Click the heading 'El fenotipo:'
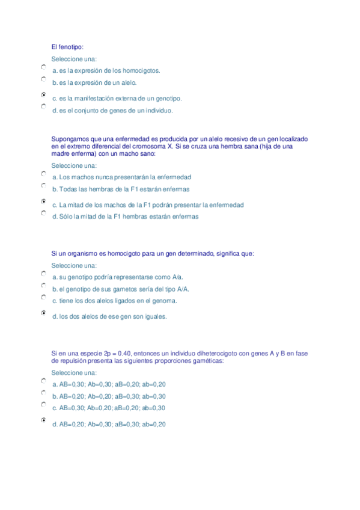68,47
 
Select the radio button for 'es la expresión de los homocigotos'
44,67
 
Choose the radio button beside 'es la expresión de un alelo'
44,79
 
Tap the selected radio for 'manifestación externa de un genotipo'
44,94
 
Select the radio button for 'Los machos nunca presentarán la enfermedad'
44,173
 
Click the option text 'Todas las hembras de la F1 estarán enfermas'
120,189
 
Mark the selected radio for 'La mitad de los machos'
44,201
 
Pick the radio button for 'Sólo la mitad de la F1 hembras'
44,213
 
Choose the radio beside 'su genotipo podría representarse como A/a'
44,274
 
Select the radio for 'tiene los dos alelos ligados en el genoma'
44,297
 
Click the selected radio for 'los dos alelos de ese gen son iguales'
44,313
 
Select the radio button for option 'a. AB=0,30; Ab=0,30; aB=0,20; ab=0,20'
44,381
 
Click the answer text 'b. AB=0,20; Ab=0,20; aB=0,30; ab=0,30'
109,396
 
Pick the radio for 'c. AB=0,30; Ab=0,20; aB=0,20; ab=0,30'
44,404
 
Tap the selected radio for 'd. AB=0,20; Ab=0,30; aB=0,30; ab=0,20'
44,420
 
